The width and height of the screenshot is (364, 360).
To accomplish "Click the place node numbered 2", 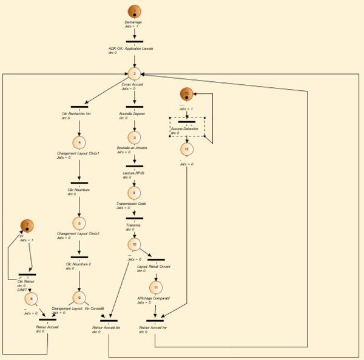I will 135,73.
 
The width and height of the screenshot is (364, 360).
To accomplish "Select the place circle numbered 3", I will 135,138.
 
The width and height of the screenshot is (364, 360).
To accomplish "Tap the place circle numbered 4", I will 79,142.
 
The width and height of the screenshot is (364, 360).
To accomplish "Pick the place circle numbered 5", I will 79,222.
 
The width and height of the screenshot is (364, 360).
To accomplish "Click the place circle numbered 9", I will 135,192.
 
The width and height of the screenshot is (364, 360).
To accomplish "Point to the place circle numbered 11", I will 156,287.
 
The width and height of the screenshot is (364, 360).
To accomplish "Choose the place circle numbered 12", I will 187,148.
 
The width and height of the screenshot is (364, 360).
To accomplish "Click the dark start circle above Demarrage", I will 135,11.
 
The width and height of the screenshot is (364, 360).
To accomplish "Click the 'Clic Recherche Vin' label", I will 76,113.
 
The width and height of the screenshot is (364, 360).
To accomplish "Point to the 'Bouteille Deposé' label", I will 131,113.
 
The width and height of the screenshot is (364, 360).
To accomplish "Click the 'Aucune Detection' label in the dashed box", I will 185,129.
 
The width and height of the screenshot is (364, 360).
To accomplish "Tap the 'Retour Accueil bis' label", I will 106,328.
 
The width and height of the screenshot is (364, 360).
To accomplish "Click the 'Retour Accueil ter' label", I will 153,328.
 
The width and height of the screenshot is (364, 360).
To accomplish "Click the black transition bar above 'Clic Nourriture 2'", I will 79,257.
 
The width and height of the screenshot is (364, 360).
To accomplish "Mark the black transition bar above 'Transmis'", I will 135,218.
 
